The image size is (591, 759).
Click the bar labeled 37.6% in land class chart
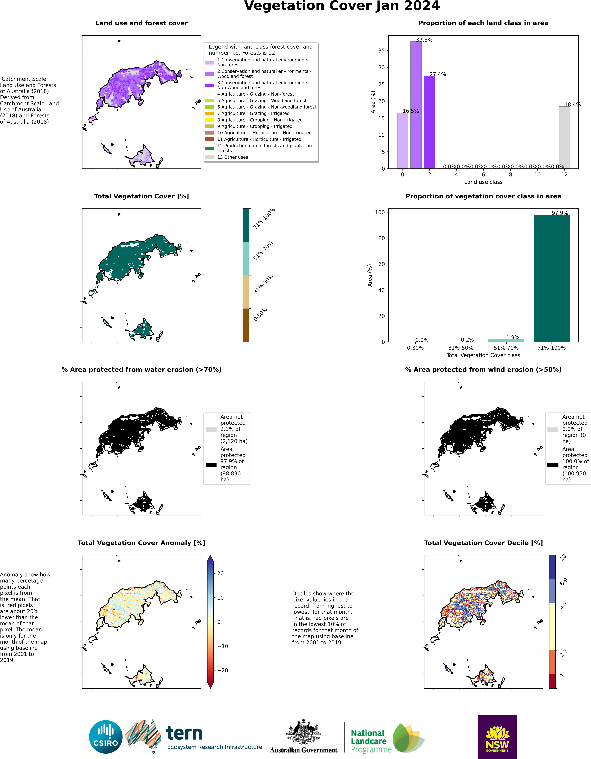416,105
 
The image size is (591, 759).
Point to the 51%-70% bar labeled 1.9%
506,341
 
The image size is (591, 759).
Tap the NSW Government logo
498,737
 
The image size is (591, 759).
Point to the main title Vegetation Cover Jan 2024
342,6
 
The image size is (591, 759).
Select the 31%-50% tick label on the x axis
461,348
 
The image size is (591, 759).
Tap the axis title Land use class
483,182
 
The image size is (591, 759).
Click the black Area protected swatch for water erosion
211,465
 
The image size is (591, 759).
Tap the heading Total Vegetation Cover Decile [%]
483,543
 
